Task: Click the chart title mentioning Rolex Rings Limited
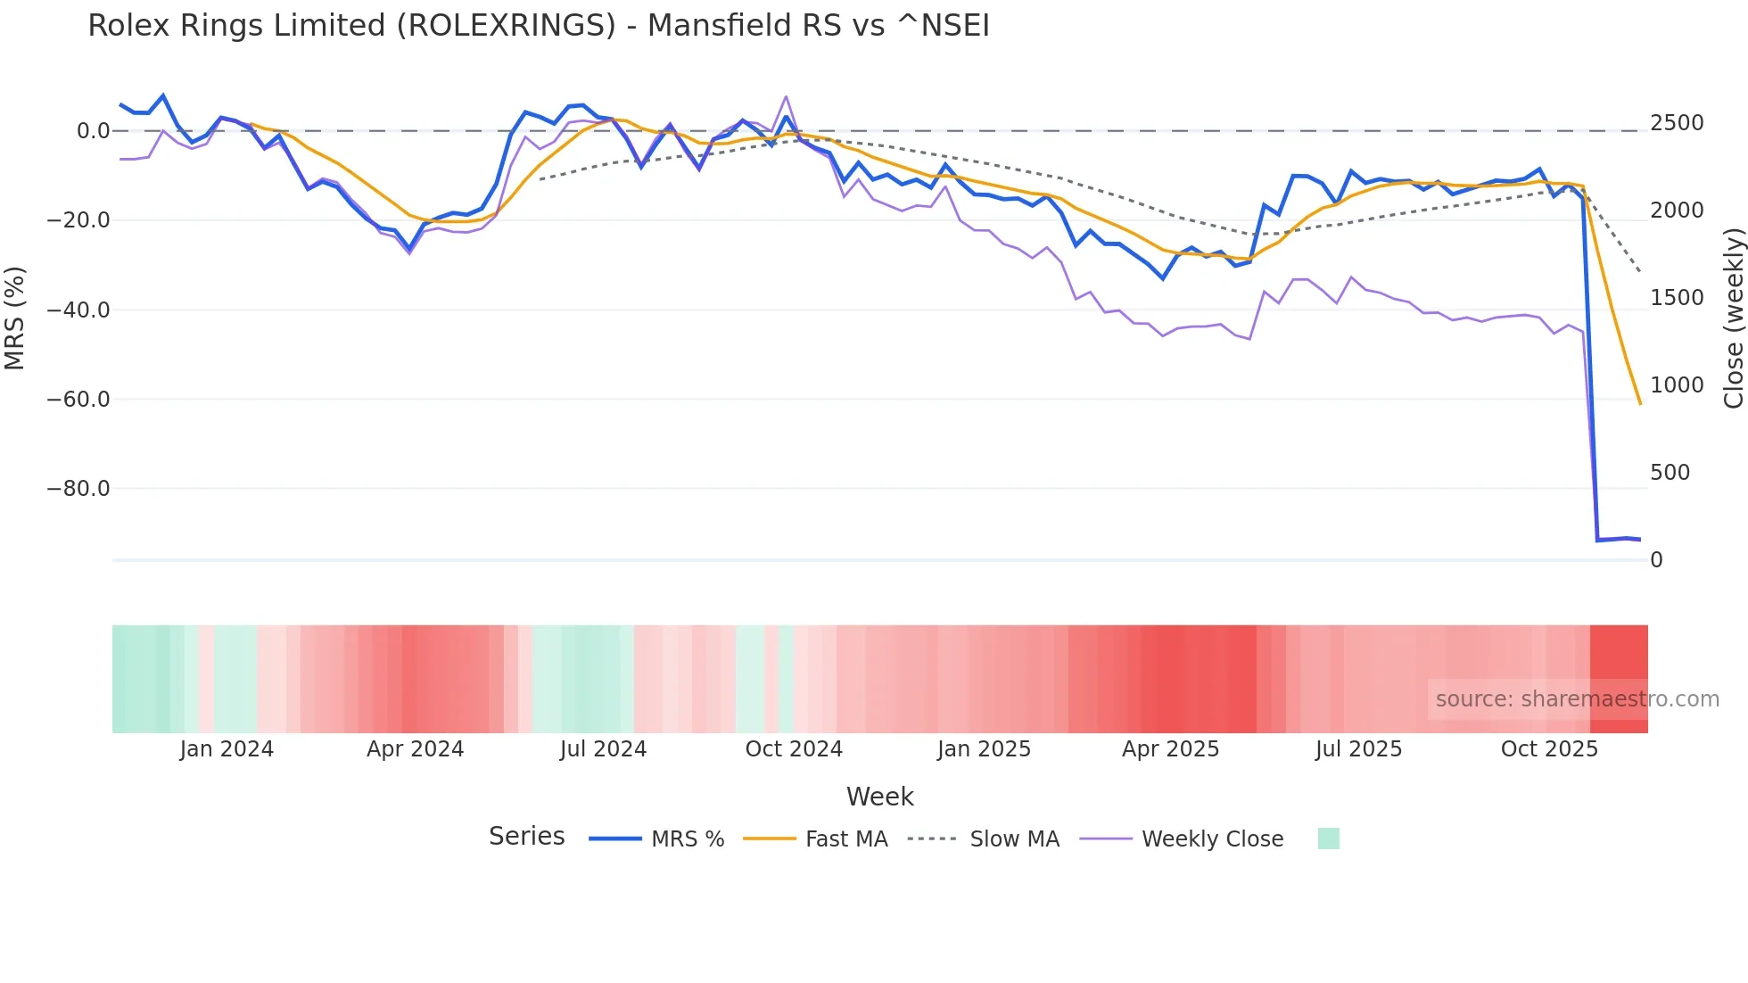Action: [x=539, y=26]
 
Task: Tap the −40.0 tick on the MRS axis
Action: [x=78, y=310]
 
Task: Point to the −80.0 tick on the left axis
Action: [x=78, y=489]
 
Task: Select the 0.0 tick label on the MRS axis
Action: [x=93, y=131]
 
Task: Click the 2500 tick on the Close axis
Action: [x=1677, y=123]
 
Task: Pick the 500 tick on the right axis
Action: [x=1670, y=473]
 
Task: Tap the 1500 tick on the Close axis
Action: [x=1677, y=298]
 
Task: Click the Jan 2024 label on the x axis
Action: [x=227, y=749]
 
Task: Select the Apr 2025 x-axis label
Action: [x=1170, y=749]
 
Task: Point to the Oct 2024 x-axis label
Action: [x=794, y=749]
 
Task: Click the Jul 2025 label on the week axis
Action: [x=1358, y=749]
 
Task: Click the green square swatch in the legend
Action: [x=1328, y=838]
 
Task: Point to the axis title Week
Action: [x=879, y=797]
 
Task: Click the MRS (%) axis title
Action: [x=14, y=318]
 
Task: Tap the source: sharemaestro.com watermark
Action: [x=1577, y=699]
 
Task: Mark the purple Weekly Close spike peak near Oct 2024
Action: [x=786, y=96]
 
